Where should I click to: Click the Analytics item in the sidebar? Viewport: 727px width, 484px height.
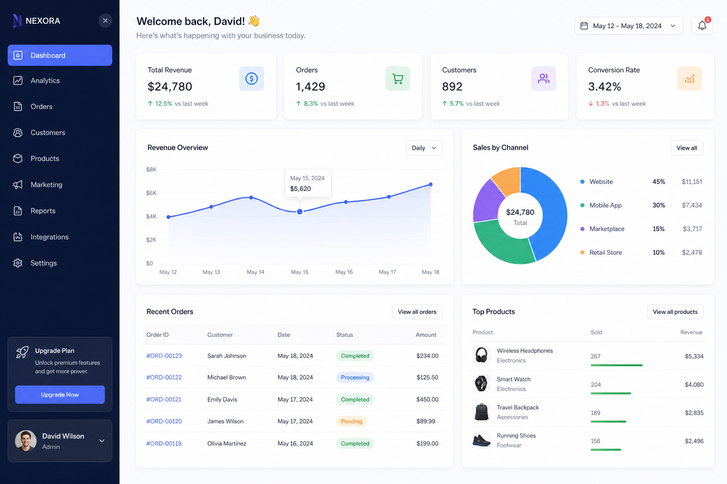[45, 80]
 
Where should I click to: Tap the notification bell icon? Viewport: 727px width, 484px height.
[702, 26]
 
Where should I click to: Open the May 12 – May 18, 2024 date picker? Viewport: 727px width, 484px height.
[629, 26]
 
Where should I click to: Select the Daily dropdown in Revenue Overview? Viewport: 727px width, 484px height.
[424, 148]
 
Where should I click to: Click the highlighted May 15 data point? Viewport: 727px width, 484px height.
[300, 212]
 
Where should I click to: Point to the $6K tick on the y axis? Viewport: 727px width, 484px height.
[151, 193]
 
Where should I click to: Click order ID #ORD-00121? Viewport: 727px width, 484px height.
[164, 399]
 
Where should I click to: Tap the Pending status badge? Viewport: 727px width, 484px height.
[352, 421]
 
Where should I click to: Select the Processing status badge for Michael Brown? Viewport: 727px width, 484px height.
[355, 377]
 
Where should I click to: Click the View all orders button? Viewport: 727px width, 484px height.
[417, 312]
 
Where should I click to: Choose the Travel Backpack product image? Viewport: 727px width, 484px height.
[481, 412]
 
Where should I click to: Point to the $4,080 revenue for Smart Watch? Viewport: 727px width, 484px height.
[694, 384]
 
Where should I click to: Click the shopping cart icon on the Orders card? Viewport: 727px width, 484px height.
[398, 79]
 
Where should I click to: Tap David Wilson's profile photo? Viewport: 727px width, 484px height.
[26, 441]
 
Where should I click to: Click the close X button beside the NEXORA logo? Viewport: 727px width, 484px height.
[105, 21]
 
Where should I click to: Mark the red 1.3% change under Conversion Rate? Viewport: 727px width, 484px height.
[603, 104]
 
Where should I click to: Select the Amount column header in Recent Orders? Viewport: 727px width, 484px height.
[426, 335]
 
